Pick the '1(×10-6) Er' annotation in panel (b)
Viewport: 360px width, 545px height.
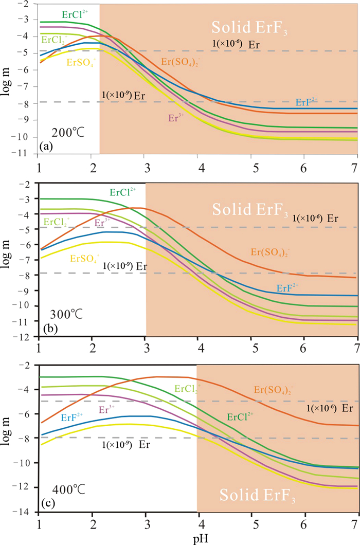tap(315, 219)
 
